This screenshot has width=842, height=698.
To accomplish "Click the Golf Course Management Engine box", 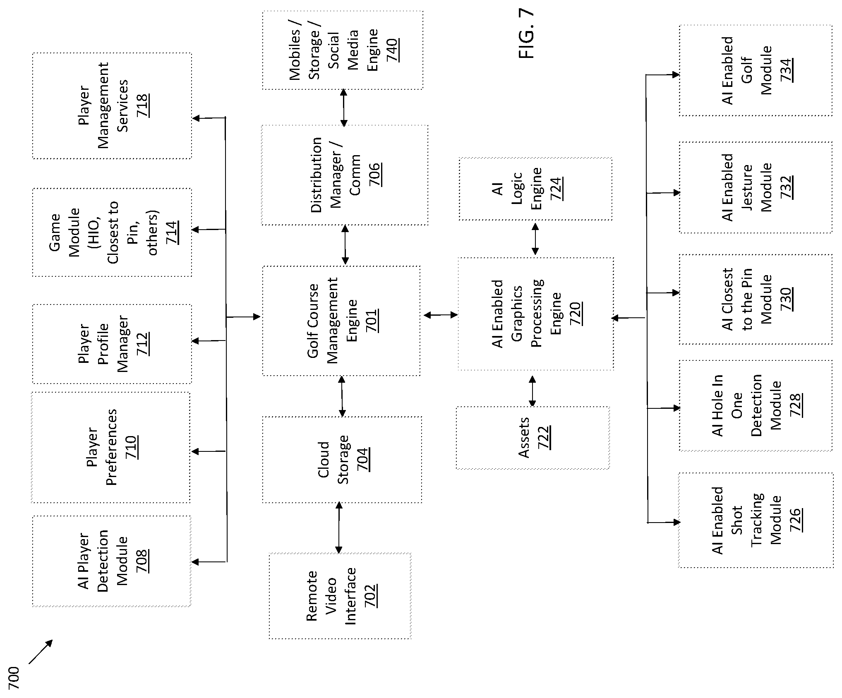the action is click(x=341, y=321).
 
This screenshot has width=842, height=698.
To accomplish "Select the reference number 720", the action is click(x=576, y=313).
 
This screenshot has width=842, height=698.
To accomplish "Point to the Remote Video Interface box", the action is click(x=340, y=596).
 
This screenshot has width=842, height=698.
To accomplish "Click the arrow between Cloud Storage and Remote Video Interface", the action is click(x=339, y=528).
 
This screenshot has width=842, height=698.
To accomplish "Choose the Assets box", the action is click(x=533, y=438).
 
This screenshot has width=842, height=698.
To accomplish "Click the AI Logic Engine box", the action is click(x=535, y=189).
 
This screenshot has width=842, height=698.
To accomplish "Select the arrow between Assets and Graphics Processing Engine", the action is click(x=533, y=391).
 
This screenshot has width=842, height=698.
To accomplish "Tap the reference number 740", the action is click(x=393, y=50).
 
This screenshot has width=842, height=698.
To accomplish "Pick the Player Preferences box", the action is click(x=111, y=448).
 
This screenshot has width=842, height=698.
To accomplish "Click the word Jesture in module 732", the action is click(x=747, y=187).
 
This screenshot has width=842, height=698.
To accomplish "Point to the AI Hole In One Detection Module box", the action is click(x=756, y=405).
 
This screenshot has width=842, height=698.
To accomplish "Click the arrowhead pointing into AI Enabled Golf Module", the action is click(x=676, y=75).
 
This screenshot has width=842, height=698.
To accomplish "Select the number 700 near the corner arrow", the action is click(x=14, y=678).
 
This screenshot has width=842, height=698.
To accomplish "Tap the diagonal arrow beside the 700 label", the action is click(x=41, y=652).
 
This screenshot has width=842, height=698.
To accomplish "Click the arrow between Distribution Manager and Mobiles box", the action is click(x=343, y=108).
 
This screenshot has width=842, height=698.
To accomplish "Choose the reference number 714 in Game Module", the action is click(x=172, y=233).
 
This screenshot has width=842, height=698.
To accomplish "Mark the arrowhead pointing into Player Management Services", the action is click(x=197, y=118).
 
